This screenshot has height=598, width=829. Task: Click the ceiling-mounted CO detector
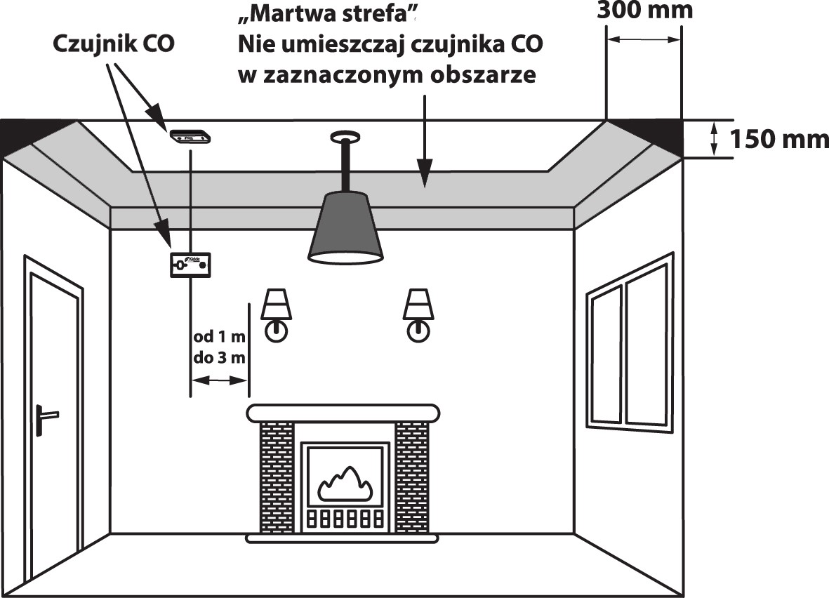(x=189, y=137)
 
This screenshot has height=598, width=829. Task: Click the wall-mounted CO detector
(x=191, y=266)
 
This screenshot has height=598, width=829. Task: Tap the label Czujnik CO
(x=114, y=44)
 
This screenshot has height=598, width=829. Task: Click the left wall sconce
(x=276, y=313)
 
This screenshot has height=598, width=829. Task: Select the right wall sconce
(x=418, y=313)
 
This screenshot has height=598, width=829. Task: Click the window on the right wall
(x=630, y=344)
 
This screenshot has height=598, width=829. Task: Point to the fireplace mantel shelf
(x=343, y=412)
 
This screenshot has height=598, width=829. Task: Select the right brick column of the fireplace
(x=411, y=477)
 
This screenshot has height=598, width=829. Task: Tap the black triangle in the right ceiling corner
(x=653, y=133)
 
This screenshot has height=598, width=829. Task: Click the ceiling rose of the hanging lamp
(x=345, y=135)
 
